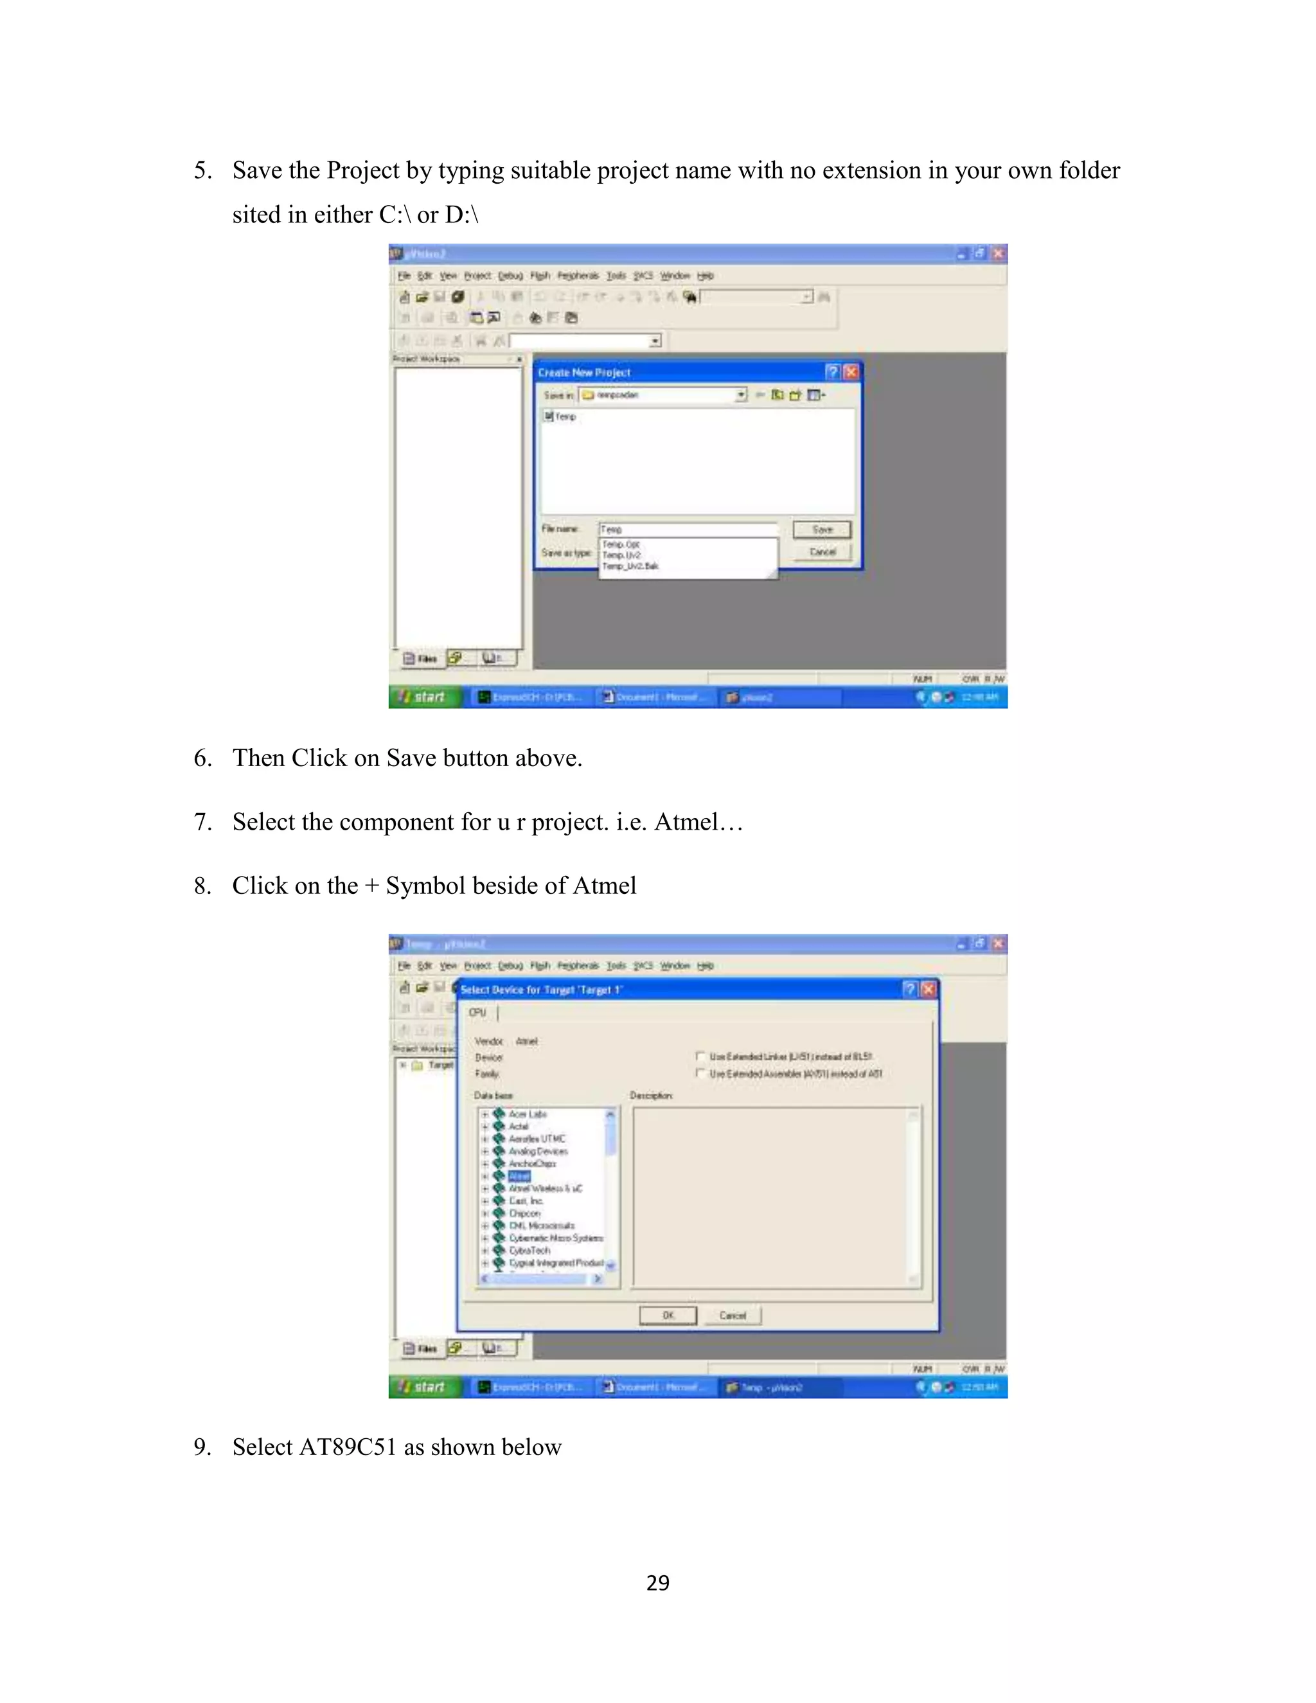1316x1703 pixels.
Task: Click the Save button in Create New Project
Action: click(822, 530)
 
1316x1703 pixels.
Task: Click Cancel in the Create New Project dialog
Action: click(822, 552)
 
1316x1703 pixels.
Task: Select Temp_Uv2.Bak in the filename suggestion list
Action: click(630, 566)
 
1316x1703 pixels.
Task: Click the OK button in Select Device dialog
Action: click(668, 1315)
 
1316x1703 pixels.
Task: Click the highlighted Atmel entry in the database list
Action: click(519, 1176)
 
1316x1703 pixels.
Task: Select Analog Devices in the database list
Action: click(538, 1151)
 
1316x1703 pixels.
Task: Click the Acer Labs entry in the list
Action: click(528, 1114)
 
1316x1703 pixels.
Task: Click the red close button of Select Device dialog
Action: click(928, 990)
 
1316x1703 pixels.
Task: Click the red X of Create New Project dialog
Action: click(851, 372)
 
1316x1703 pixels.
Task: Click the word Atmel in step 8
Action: click(604, 886)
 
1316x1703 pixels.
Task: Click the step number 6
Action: click(202, 758)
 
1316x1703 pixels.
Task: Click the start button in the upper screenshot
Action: click(423, 697)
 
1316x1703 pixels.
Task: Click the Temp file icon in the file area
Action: click(549, 416)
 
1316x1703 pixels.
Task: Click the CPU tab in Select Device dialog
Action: click(477, 1012)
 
